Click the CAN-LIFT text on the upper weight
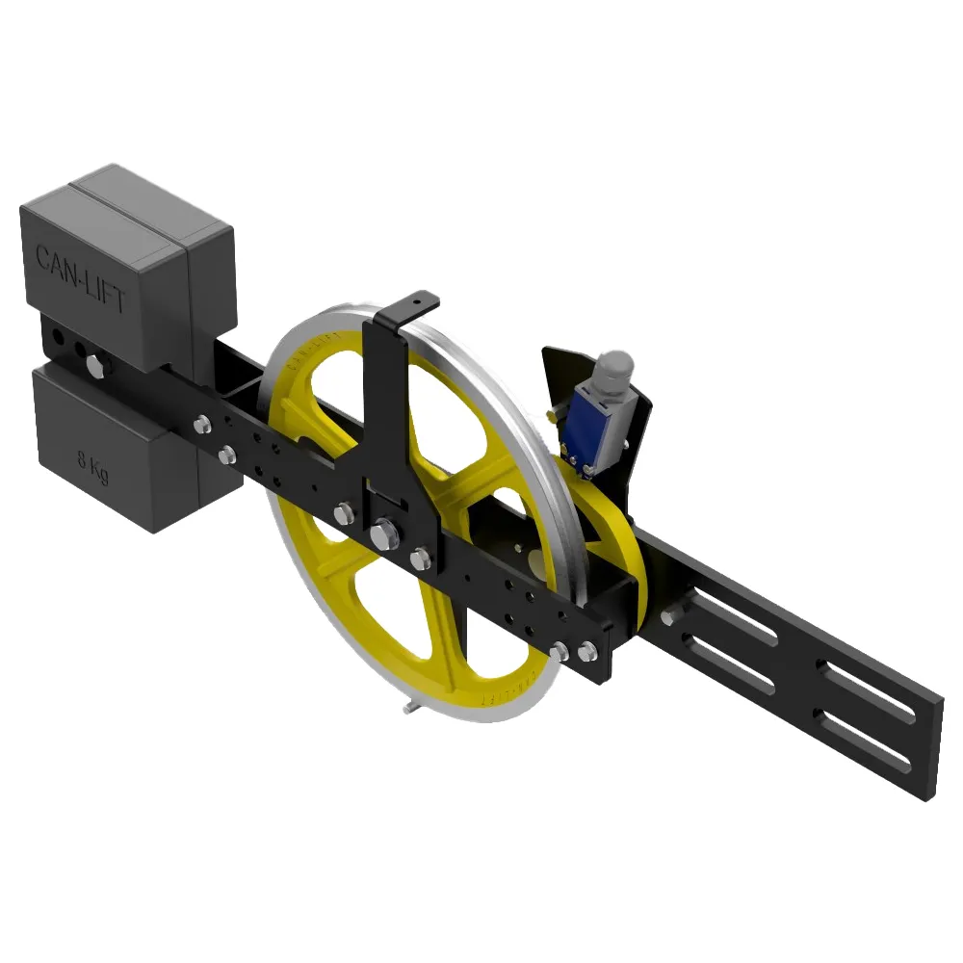pos(81,279)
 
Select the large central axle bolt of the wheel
pos(383,533)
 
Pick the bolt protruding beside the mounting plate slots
pos(667,617)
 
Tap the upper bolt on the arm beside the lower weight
pos(202,423)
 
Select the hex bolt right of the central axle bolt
pos(419,558)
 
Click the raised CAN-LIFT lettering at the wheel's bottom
pos(501,695)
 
